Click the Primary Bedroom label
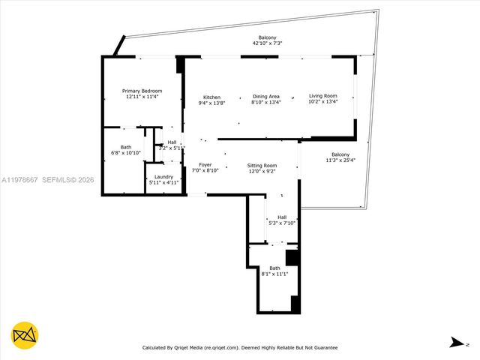coord(142,91)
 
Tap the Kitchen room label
coord(211,97)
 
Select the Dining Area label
coord(265,96)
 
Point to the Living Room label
coord(323,96)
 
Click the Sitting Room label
coord(262,165)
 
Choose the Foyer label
coord(205,164)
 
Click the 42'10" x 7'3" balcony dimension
coord(268,43)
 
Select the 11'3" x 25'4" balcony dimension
coord(340,160)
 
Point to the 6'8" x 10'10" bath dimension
coord(126,153)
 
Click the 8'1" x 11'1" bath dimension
coord(275,274)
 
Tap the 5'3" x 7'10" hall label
coord(282,223)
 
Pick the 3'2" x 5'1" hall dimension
coord(171,148)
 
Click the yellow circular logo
coord(25,335)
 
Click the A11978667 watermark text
coord(20,180)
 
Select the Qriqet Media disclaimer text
coord(240,347)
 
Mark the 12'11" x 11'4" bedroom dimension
coord(142,97)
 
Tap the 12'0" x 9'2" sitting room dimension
coord(262,171)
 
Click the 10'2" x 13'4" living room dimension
coord(323,102)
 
